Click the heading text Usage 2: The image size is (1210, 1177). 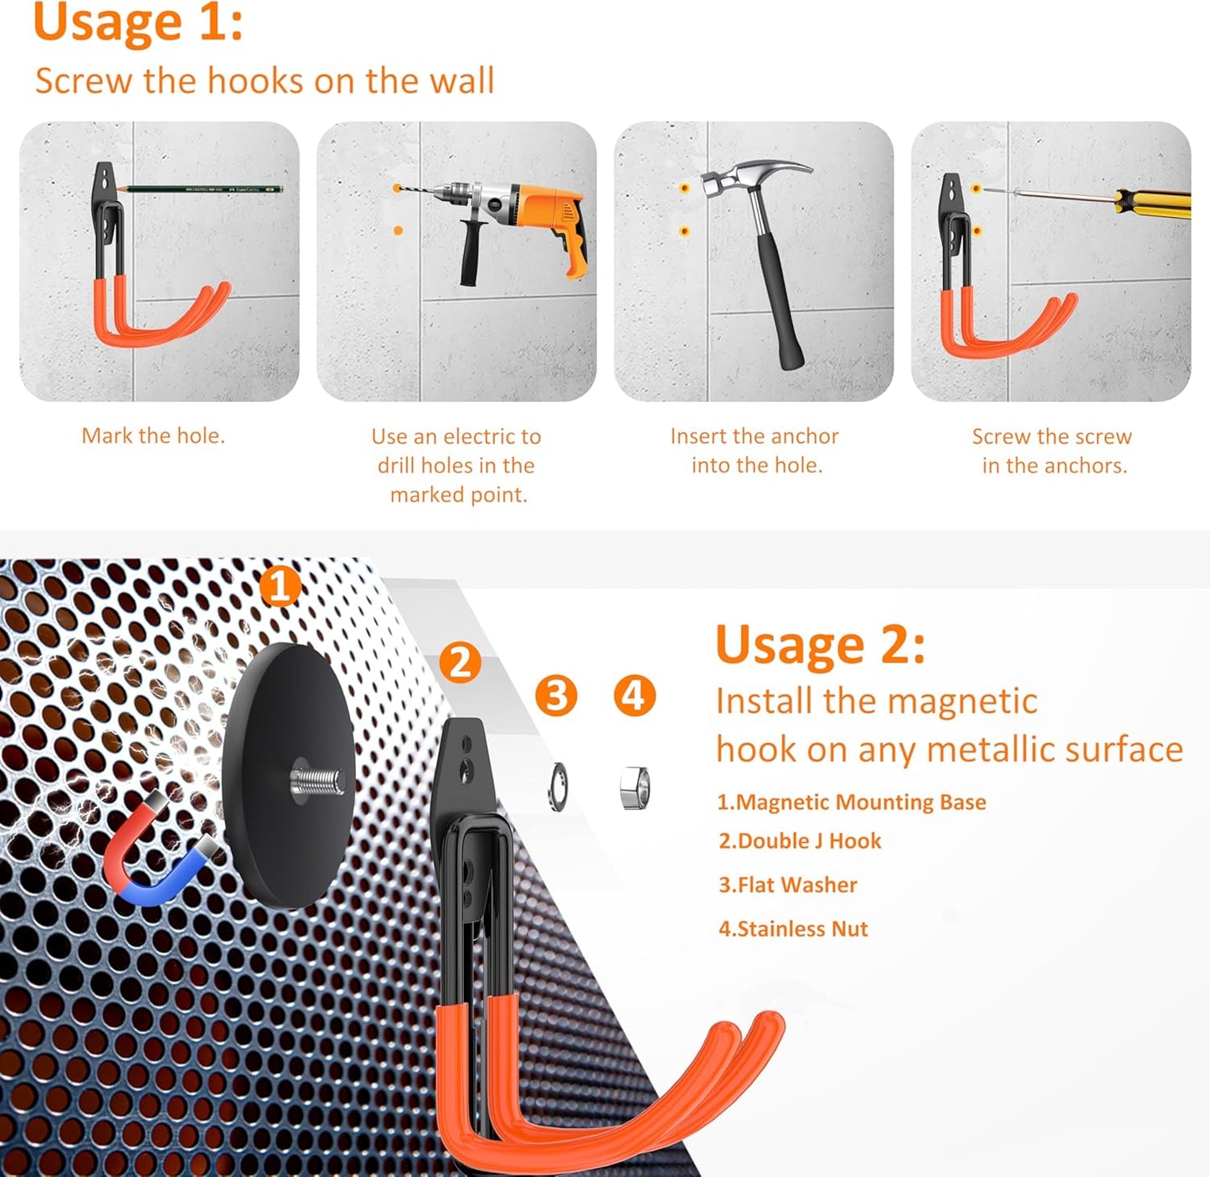820,645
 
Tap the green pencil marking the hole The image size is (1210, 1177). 201,189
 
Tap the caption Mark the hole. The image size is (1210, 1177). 153,436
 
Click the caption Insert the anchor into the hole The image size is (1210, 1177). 754,451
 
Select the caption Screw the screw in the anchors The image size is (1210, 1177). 1053,451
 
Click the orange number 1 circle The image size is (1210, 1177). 280,586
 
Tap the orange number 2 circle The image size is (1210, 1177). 461,663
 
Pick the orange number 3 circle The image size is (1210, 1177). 556,695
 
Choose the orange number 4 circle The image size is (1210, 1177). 634,695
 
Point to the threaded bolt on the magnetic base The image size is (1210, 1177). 318,782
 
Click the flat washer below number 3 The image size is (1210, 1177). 558,787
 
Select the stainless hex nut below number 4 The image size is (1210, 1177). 634,787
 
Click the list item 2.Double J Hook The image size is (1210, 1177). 800,841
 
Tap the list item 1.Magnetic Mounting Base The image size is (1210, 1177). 851,803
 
